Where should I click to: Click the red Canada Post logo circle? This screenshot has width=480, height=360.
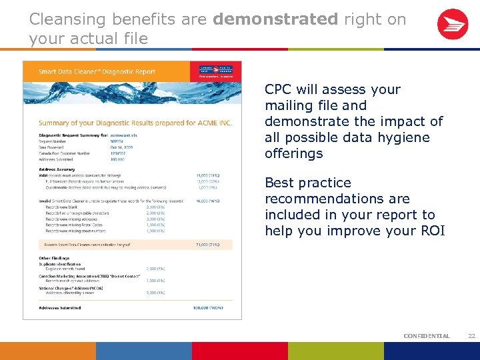(452, 25)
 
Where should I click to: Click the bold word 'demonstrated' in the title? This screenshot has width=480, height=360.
(275, 19)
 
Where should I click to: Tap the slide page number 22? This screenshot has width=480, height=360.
(471, 336)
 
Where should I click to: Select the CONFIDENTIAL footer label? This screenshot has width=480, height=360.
(427, 336)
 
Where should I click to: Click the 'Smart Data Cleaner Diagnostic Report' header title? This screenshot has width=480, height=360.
(97, 71)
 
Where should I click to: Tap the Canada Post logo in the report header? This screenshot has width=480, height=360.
(216, 71)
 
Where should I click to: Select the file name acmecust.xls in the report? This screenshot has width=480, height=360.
(123, 135)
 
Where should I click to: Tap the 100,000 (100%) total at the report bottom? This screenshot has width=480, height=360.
(206, 308)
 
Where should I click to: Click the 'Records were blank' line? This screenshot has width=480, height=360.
(63, 206)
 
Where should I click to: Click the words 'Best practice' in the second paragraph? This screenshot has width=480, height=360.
(307, 183)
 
